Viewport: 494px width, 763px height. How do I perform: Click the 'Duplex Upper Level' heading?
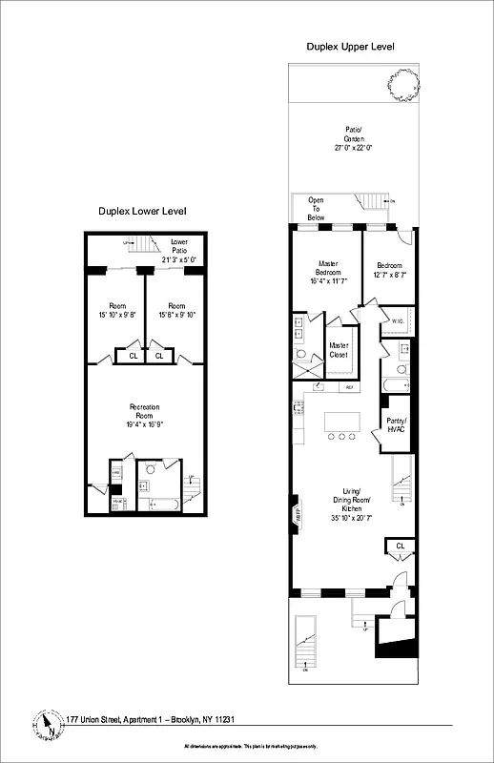[350, 46]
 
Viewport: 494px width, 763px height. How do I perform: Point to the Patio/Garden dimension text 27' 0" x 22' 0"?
[352, 148]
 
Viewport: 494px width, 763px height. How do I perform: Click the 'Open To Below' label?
[316, 209]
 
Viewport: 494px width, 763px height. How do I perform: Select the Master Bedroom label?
[328, 270]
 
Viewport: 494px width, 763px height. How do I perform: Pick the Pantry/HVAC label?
[397, 426]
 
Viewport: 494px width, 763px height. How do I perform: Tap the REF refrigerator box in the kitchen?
[349, 387]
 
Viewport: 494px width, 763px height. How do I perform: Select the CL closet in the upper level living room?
[399, 546]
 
